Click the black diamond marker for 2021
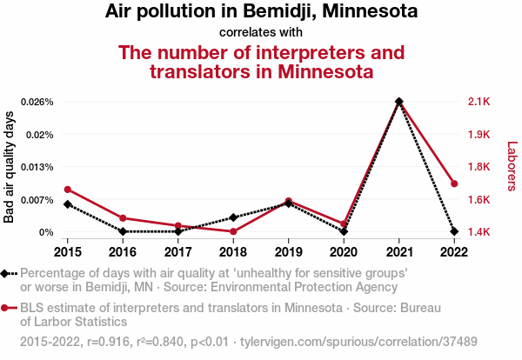(398, 102)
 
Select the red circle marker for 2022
(454, 183)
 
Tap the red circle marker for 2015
(67, 190)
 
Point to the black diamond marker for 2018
(233, 217)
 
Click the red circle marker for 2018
(233, 231)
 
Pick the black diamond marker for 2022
(454, 231)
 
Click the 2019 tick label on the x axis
(288, 252)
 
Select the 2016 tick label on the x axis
(123, 252)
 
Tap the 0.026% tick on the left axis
(38, 102)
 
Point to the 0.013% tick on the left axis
(38, 167)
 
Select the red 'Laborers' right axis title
(511, 166)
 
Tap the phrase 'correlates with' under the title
(260, 32)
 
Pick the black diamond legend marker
(7, 274)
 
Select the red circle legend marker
(7, 308)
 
